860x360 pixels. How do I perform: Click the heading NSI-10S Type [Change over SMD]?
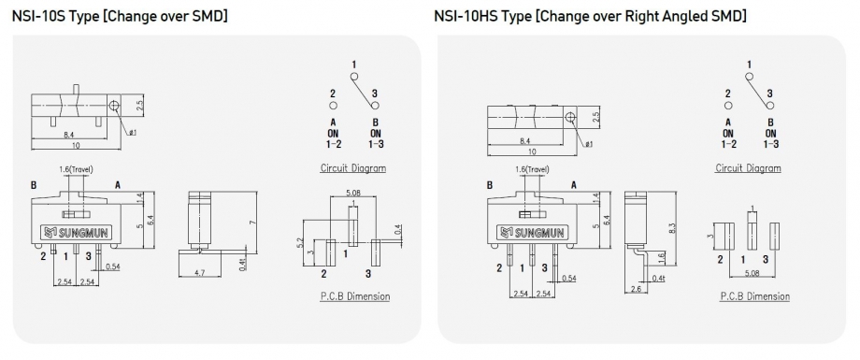pyautogui.click(x=120, y=16)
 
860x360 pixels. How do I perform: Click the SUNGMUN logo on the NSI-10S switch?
pyautogui.click(x=76, y=232)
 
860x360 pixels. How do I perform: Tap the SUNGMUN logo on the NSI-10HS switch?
pyautogui.click(x=530, y=232)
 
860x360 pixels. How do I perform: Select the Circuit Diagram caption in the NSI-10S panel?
pyautogui.click(x=352, y=168)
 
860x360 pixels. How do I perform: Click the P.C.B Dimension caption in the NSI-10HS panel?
pyautogui.click(x=755, y=296)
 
